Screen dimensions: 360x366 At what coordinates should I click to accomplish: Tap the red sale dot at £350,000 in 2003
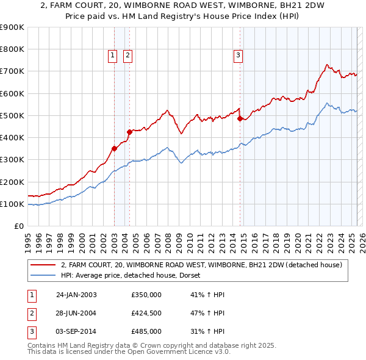[x=114, y=148]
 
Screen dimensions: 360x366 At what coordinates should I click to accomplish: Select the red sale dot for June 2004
[x=129, y=132]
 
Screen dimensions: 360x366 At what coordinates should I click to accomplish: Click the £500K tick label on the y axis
[x=12, y=115]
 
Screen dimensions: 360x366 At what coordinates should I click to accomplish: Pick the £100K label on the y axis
[x=12, y=204]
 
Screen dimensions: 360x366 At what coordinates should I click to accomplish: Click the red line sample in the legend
[x=43, y=265]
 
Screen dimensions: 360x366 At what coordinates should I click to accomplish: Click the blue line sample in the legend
[x=43, y=275]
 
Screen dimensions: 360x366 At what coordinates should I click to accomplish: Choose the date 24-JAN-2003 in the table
[x=76, y=295]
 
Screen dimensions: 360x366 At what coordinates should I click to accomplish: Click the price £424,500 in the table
[x=146, y=313]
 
